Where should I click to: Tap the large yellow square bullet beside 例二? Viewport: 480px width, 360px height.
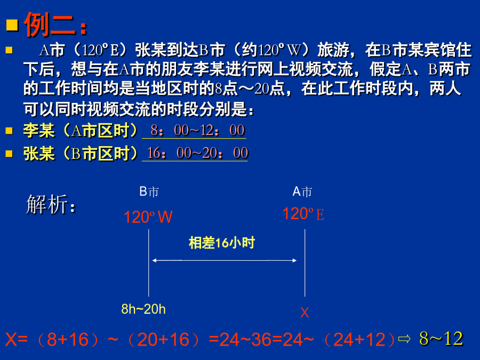click(12, 25)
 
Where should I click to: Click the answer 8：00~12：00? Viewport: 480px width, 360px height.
click(197, 131)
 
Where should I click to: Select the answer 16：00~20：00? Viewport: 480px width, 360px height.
click(197, 153)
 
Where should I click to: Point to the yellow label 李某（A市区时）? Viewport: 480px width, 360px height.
click(80, 131)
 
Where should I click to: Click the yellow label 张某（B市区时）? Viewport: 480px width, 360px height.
click(80, 154)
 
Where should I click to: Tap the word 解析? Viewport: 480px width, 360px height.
click(51, 204)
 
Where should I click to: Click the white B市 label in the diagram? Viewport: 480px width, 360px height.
click(149, 191)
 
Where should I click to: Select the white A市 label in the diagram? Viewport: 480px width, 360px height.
click(302, 191)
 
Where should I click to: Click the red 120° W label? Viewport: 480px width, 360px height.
click(148, 217)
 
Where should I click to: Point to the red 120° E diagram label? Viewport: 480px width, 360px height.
click(303, 214)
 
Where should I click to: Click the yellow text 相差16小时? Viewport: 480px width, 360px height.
click(222, 243)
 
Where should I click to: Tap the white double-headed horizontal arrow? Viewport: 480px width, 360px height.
click(225, 260)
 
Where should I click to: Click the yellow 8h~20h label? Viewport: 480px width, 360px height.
click(143, 309)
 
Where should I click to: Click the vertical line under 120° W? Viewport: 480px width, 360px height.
click(149, 263)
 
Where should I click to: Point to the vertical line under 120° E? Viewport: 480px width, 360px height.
click(305, 263)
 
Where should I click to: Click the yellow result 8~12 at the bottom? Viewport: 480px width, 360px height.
click(441, 339)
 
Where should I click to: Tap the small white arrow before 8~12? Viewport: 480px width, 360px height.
click(404, 339)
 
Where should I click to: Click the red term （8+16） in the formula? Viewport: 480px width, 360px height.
click(68, 340)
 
